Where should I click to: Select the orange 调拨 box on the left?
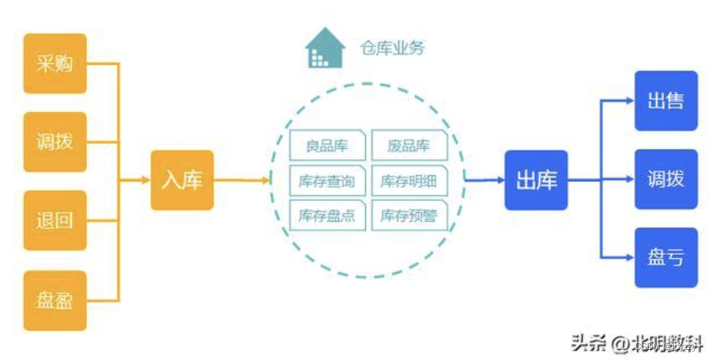[55, 141]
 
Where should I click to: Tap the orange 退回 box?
[55, 220]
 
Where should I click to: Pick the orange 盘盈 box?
[55, 299]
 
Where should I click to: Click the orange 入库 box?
[182, 180]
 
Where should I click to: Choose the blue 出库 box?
[536, 180]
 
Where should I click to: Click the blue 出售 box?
[665, 101]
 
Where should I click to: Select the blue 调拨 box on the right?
[665, 179]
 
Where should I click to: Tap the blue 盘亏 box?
[665, 257]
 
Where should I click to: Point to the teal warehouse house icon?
[326, 48]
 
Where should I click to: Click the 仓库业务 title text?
[392, 48]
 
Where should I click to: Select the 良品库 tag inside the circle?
[327, 145]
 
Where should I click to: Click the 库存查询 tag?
[327, 180]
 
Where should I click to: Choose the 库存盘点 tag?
[327, 215]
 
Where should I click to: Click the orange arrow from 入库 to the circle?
[242, 180]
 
